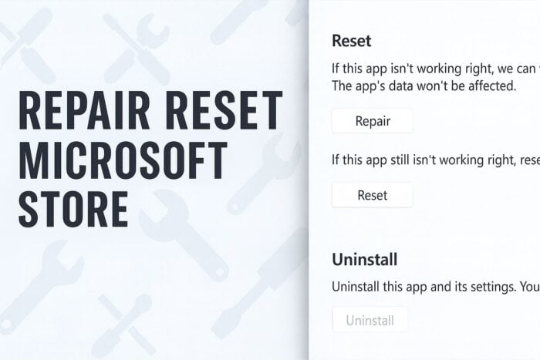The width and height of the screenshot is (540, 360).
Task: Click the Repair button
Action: [x=373, y=121]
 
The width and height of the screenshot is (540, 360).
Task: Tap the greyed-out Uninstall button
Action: [x=370, y=320]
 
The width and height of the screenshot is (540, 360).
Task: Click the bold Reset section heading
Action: [x=352, y=41]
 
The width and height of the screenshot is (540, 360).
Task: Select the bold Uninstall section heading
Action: [x=365, y=260]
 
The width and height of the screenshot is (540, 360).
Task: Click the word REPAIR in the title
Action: [x=84, y=110]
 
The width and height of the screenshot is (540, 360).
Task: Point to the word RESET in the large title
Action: [x=226, y=110]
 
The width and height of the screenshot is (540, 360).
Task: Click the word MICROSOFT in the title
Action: [x=123, y=160]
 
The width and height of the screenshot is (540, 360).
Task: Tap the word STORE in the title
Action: [x=73, y=210]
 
